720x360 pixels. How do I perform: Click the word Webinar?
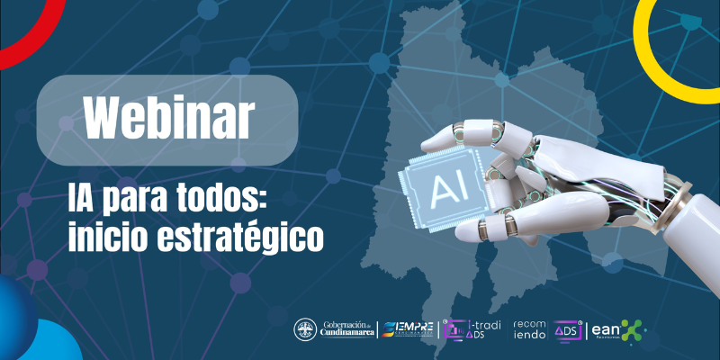[x=168, y=117]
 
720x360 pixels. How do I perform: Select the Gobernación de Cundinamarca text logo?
[x=346, y=329]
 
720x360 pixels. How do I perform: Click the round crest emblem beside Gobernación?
[x=306, y=329]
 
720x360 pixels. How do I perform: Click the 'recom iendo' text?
[x=529, y=329]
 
